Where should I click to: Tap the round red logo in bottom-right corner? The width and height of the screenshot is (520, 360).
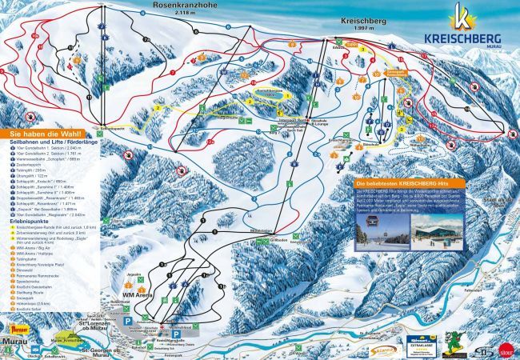[506, 347]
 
